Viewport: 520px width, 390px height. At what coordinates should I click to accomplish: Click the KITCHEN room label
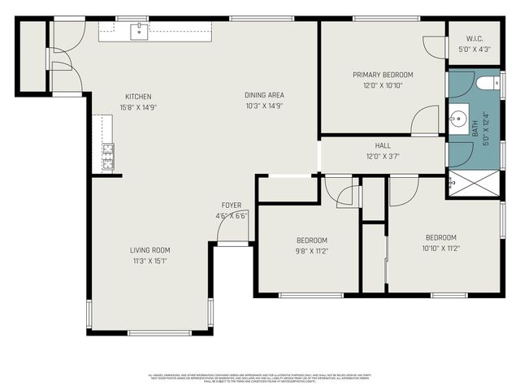point(138,96)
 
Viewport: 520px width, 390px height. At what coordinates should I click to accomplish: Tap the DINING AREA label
point(264,95)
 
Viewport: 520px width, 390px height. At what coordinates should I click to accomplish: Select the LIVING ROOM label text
point(151,250)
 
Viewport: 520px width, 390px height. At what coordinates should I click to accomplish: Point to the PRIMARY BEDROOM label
point(383,75)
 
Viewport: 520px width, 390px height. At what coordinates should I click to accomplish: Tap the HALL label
point(383,146)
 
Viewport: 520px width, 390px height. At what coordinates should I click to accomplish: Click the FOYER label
point(232,205)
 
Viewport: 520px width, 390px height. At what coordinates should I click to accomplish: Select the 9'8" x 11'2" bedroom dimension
point(311,251)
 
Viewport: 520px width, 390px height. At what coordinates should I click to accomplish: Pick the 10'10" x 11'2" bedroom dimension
point(441,249)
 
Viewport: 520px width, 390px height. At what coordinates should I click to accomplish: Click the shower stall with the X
point(474,184)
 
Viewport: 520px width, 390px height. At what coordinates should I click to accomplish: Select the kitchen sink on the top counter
point(137,30)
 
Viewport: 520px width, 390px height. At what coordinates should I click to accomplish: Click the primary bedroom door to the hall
point(425,122)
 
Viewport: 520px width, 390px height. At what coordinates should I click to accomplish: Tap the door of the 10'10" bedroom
point(403,191)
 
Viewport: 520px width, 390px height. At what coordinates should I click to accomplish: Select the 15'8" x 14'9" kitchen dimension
point(138,106)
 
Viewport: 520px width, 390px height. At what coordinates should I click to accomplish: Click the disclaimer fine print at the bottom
point(260,378)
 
